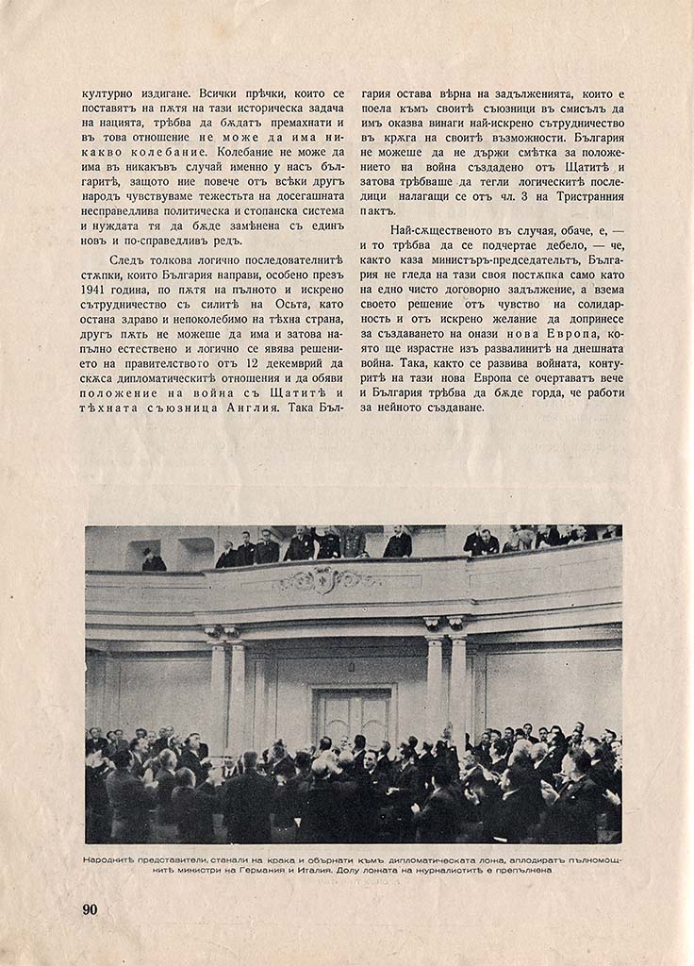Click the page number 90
pos(91,909)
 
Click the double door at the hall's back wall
pos(353,718)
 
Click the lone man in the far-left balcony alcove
pos(153,560)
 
